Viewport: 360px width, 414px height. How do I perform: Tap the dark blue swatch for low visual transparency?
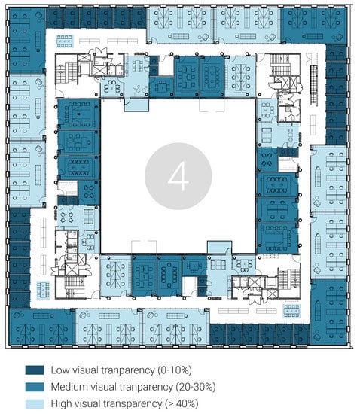click(35, 370)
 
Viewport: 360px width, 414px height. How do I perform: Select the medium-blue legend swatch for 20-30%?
click(35, 387)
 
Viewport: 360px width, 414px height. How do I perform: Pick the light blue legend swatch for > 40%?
click(35, 403)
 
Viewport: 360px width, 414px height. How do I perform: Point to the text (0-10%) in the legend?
click(175, 370)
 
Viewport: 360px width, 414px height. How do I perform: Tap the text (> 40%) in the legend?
click(182, 403)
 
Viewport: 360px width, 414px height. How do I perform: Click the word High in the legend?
click(60, 404)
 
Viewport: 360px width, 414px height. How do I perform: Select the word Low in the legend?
click(60, 370)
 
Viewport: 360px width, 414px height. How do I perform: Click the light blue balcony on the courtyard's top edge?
click(136, 105)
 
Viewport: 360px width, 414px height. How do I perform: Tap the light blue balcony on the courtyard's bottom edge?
click(219, 248)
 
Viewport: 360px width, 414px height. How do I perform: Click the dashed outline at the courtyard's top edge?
click(212, 105)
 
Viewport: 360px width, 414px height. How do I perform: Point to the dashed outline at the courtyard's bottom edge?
click(144, 247)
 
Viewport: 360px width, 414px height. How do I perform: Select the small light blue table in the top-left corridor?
click(64, 41)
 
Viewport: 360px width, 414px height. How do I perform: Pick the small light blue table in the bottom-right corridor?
click(292, 311)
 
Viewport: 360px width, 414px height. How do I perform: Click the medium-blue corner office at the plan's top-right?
click(314, 26)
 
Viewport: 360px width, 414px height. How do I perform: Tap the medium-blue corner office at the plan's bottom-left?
click(42, 327)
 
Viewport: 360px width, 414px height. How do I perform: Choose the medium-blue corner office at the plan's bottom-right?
click(328, 312)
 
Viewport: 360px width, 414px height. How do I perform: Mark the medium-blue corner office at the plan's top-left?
click(27, 41)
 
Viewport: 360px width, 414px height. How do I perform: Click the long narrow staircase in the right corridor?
click(314, 86)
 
